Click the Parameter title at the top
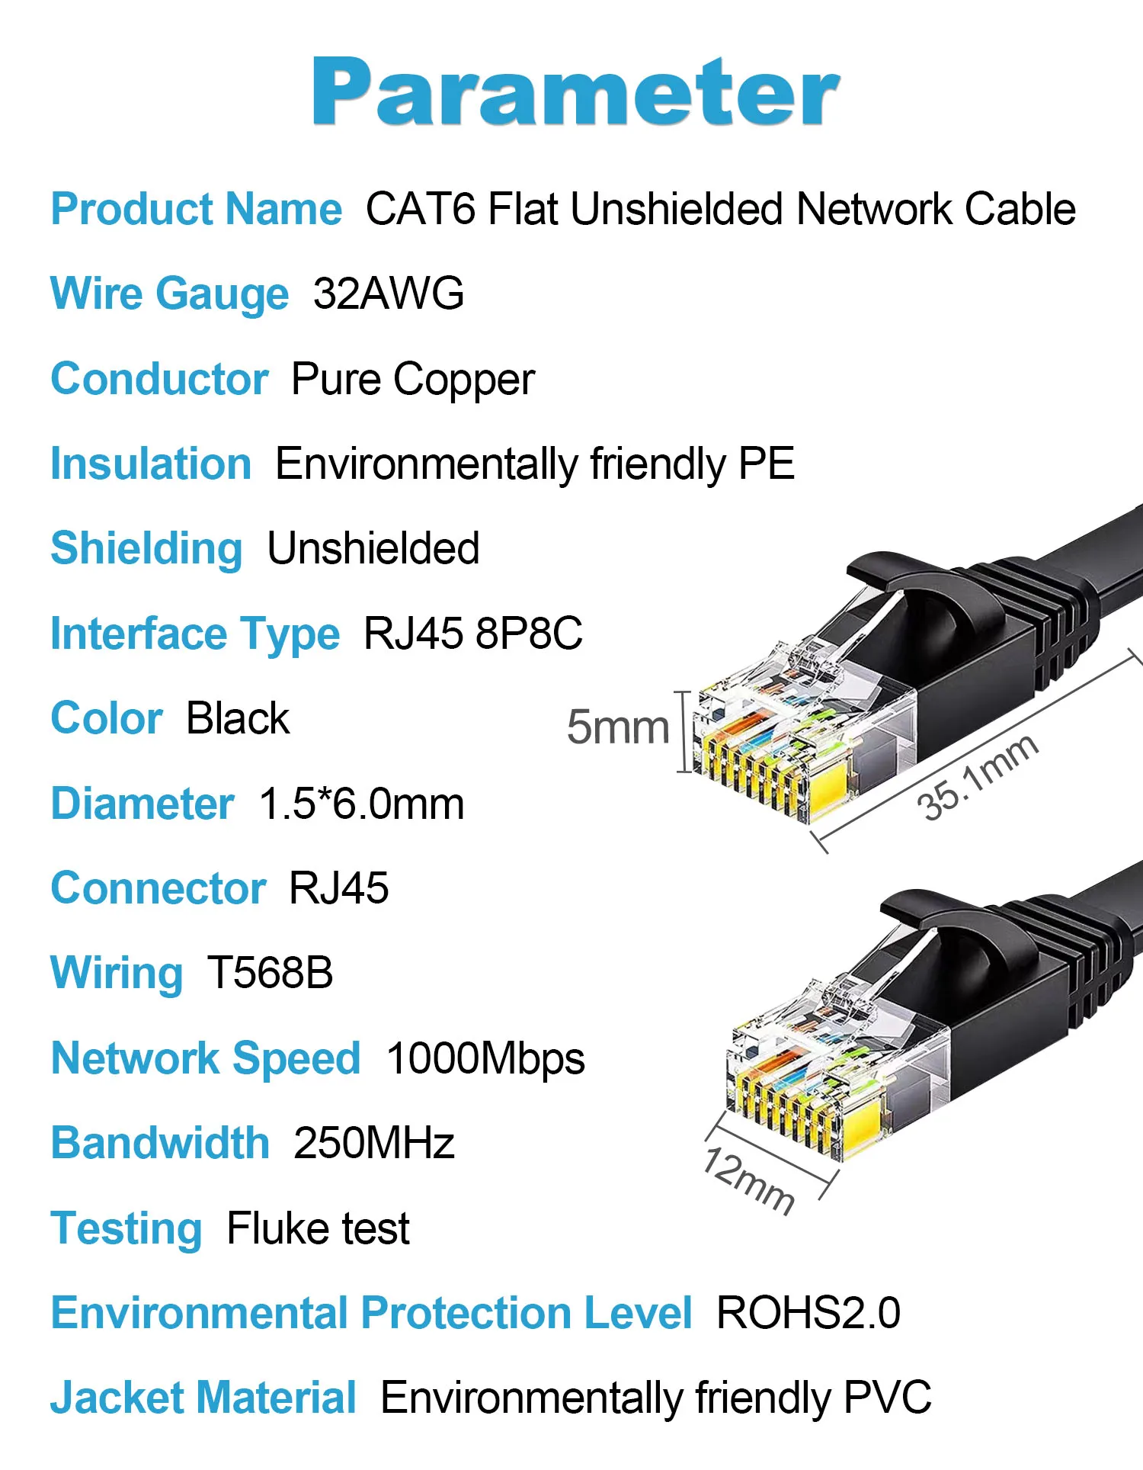(575, 92)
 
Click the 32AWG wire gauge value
(389, 294)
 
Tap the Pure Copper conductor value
(413, 380)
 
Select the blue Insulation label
(151, 464)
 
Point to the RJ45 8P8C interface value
(473, 634)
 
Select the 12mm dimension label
(749, 1180)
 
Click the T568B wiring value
(270, 973)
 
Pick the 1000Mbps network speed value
(486, 1058)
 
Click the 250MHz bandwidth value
(374, 1143)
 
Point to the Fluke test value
(319, 1228)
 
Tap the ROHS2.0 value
(808, 1313)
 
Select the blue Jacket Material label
(203, 1398)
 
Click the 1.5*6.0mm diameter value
(362, 804)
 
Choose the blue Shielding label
(146, 548)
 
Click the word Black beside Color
(238, 718)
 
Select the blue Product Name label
(197, 209)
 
